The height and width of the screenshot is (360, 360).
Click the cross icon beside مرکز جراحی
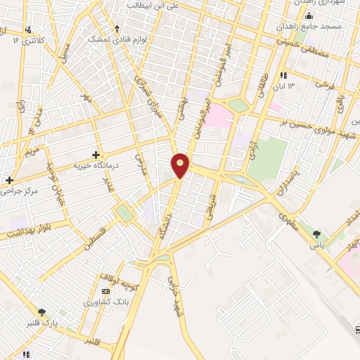point(9,180)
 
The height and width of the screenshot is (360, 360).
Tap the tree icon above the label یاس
point(317,234)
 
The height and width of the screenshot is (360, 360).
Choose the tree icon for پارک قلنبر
point(43,312)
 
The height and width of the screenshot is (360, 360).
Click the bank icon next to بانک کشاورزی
point(106,291)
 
